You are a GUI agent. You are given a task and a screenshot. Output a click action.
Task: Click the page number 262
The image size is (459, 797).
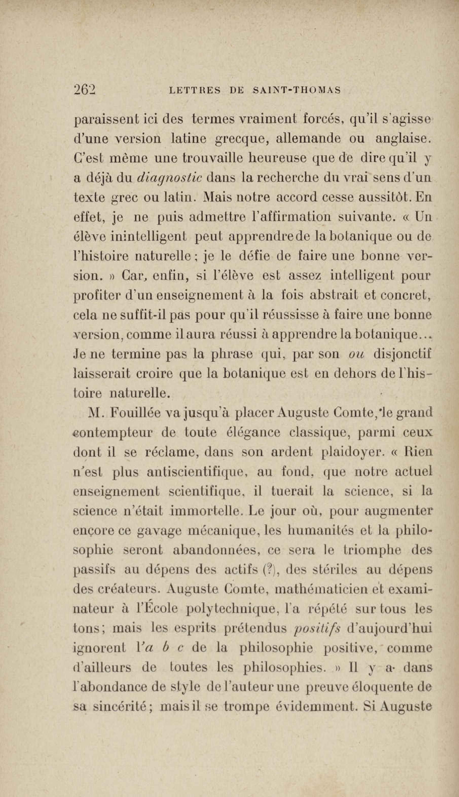click(x=84, y=90)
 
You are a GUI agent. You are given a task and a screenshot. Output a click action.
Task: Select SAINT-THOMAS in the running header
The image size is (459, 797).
click(x=297, y=91)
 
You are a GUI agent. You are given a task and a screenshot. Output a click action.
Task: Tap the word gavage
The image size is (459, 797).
click(x=159, y=531)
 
